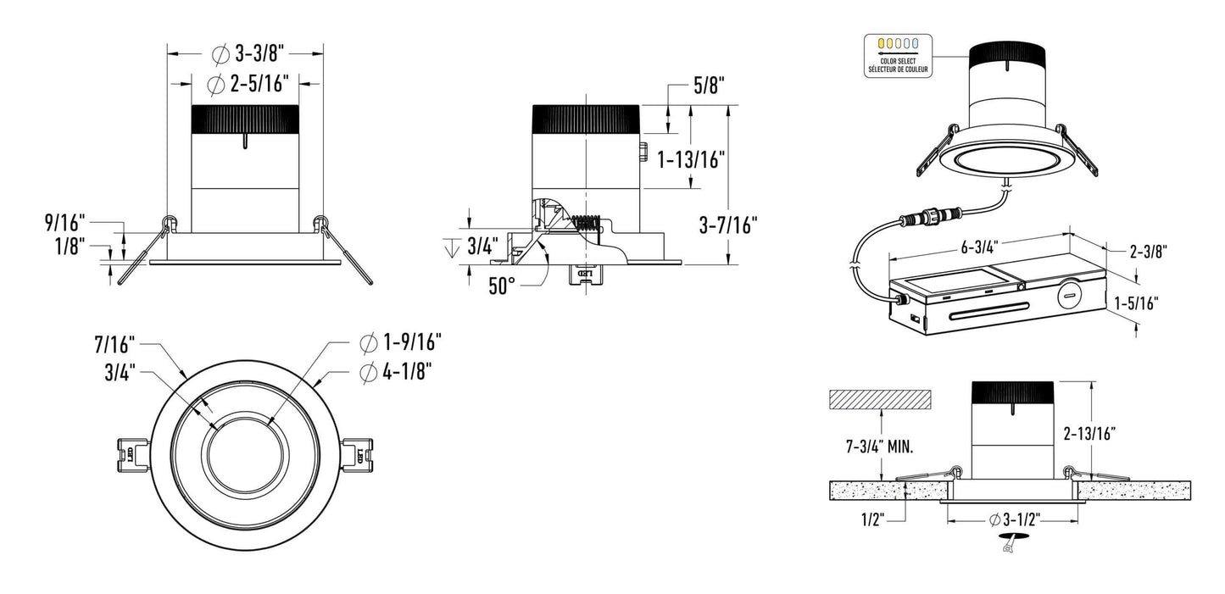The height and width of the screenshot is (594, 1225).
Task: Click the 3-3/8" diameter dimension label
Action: pos(251,54)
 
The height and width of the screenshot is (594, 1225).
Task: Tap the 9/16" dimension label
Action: pos(65,223)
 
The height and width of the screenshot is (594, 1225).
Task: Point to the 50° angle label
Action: pos(502,286)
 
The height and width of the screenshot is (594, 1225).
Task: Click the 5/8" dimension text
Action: pos(709,85)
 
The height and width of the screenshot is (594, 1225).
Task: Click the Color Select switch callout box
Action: pos(898,56)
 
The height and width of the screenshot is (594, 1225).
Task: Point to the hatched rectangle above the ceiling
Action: pos(881,397)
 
